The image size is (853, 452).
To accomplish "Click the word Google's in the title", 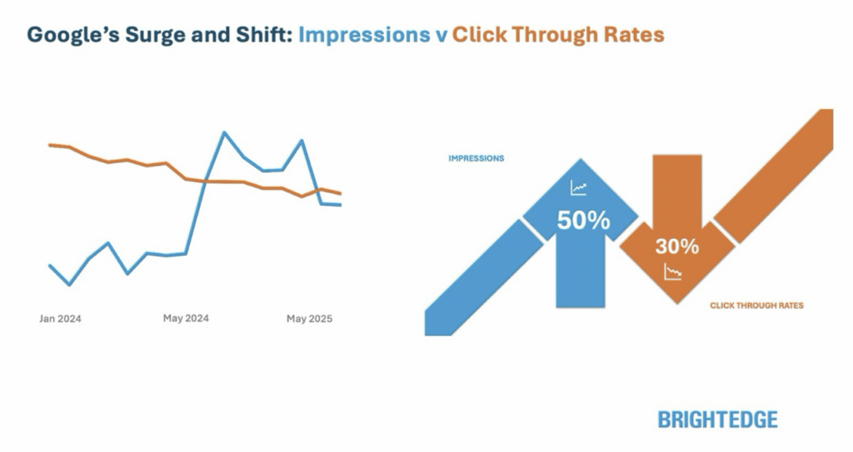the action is click(73, 35).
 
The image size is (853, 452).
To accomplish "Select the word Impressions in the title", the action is click(364, 35).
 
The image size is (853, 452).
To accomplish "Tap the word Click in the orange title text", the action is click(479, 34).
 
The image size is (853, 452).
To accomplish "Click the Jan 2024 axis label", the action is click(60, 319).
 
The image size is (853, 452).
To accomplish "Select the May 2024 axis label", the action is click(186, 318).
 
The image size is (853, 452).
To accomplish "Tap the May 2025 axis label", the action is click(309, 319).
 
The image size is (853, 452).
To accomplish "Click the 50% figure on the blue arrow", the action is click(583, 221).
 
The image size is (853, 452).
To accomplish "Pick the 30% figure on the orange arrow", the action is click(676, 246).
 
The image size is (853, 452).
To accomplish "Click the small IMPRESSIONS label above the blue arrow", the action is click(476, 158).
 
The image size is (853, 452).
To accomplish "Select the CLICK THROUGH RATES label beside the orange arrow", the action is click(756, 305).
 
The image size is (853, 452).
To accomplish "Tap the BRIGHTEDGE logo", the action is click(717, 420).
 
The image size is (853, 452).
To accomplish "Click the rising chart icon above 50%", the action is click(579, 188).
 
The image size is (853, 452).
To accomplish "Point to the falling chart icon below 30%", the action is click(673, 271).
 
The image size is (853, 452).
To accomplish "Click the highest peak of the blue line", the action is click(223, 132).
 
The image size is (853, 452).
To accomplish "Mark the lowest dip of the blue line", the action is click(69, 285).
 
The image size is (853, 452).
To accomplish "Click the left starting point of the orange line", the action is click(50, 145).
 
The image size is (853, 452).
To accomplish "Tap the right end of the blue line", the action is click(341, 205).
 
